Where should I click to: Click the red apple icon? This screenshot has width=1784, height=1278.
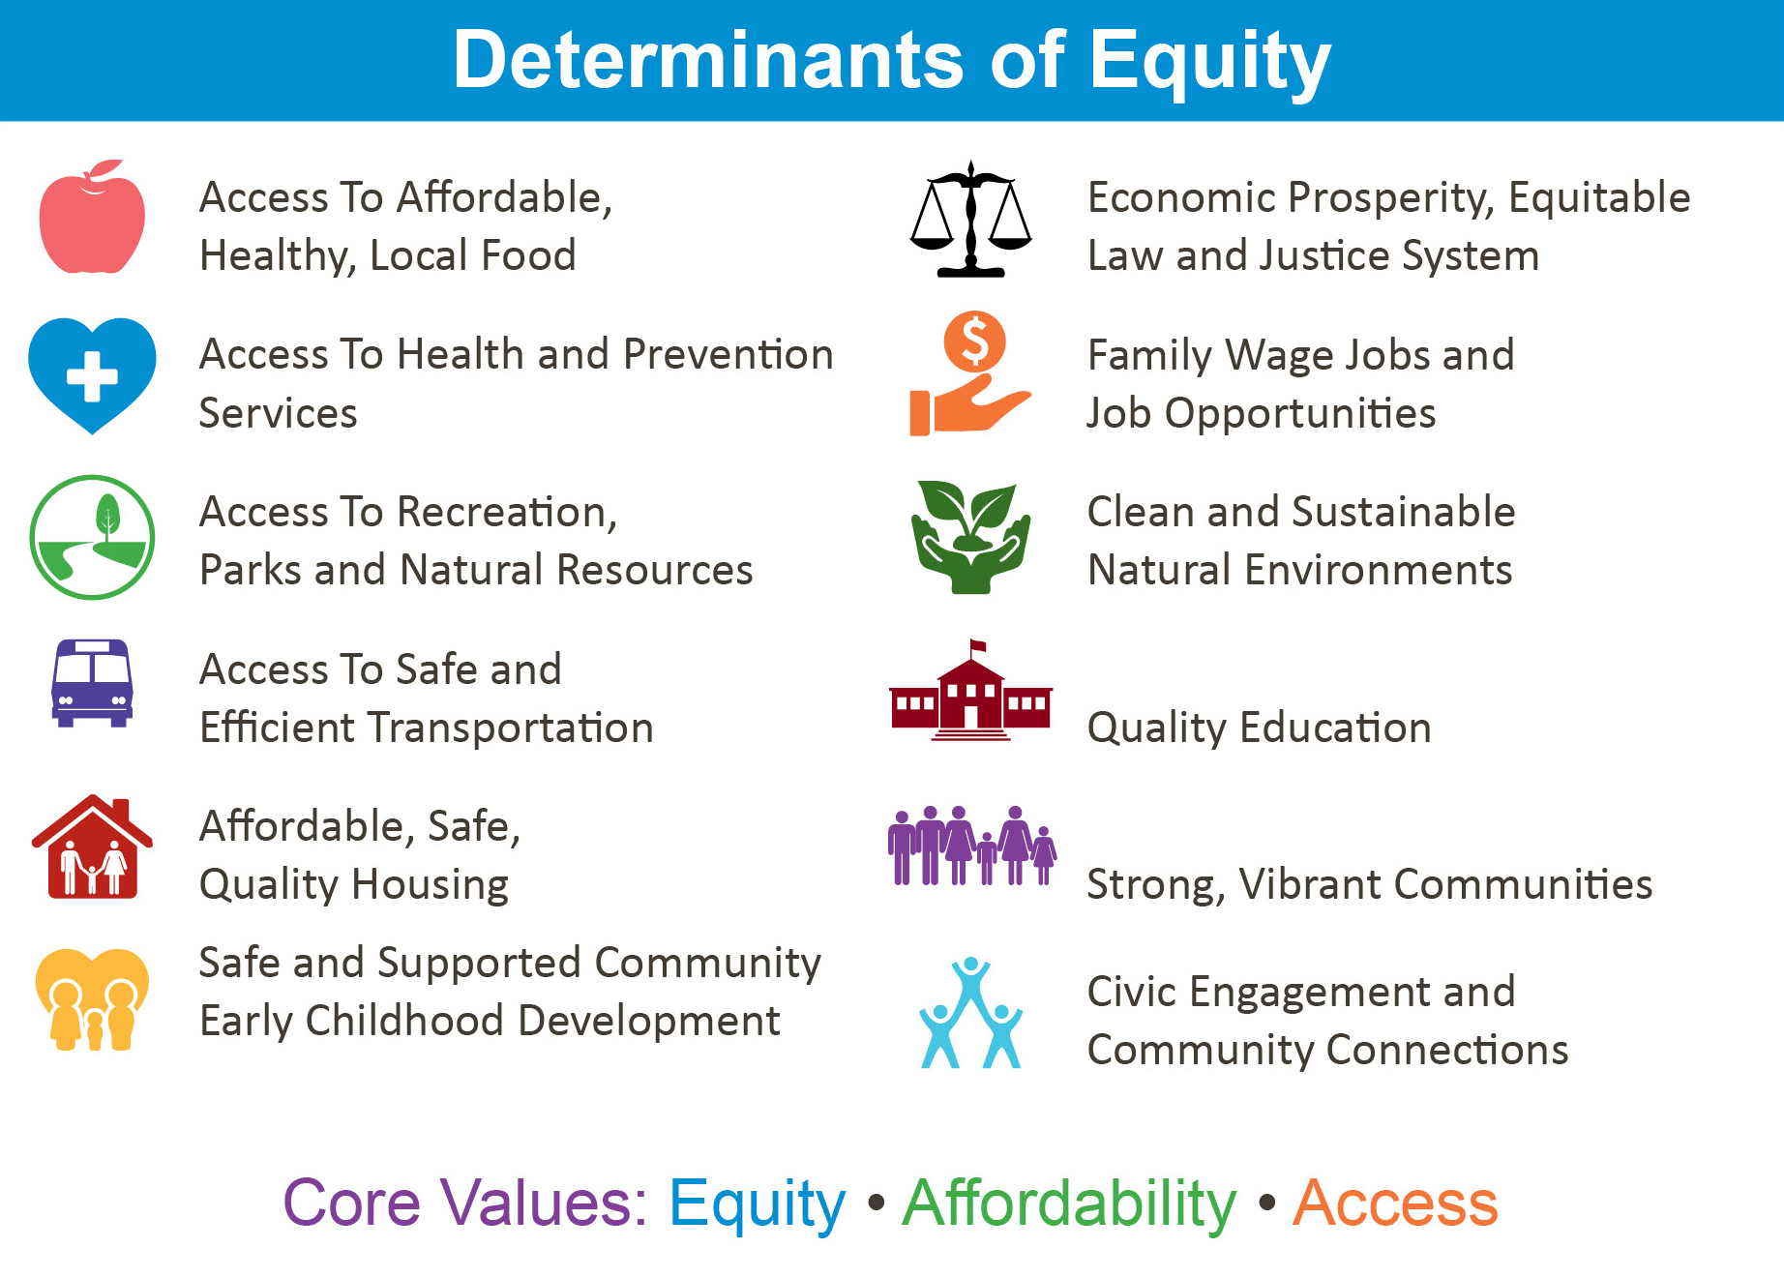[x=92, y=218]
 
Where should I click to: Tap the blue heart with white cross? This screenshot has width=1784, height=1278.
[x=92, y=375]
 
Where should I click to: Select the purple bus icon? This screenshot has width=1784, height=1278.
[x=92, y=683]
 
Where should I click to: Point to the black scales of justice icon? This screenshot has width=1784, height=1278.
[x=970, y=220]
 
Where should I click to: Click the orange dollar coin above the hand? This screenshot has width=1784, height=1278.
[x=974, y=342]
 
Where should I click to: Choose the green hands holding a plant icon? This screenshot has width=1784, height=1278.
[x=970, y=537]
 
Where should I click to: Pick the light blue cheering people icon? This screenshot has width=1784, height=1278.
[x=970, y=1013]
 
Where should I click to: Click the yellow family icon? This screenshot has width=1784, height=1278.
[x=92, y=999]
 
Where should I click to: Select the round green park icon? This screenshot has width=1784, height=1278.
[x=92, y=537]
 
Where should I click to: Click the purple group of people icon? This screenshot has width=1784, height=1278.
[x=972, y=846]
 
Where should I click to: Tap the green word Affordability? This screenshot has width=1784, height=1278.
[x=1069, y=1204]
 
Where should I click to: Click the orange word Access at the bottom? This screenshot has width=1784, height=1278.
[x=1395, y=1204]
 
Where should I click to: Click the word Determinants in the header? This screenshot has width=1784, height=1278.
[x=708, y=60]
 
